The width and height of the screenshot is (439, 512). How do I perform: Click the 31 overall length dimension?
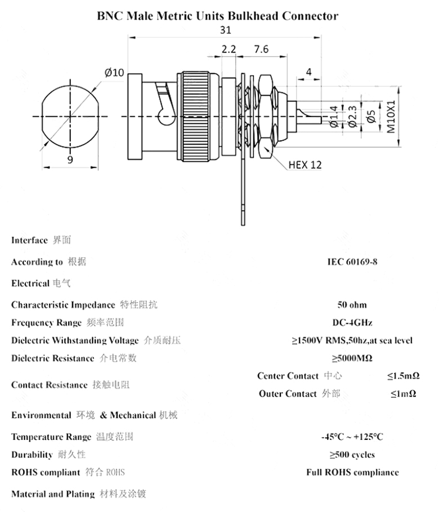(226, 30)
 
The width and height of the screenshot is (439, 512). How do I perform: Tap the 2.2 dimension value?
(229, 49)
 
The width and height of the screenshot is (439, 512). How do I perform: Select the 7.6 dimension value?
(261, 49)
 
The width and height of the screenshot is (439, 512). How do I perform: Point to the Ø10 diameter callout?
(114, 72)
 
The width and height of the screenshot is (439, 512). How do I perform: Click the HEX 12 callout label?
(305, 165)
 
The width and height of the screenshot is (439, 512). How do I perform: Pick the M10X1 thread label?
(391, 117)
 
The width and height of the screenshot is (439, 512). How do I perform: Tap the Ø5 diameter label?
(371, 117)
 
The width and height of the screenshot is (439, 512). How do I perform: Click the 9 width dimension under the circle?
(70, 159)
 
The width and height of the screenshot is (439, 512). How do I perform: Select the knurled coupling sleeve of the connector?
(195, 117)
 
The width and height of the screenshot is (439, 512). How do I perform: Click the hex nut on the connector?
(265, 117)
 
